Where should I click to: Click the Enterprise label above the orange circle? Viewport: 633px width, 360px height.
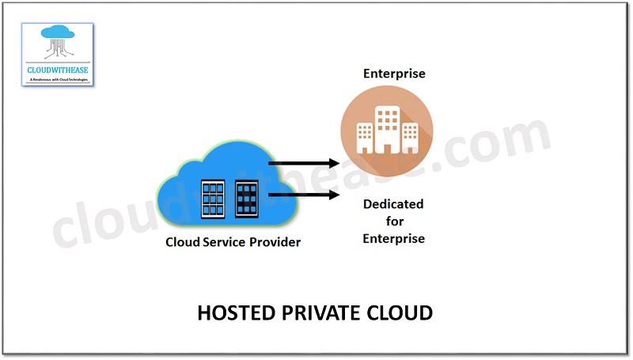click(394, 74)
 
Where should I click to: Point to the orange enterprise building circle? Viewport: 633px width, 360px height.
click(387, 127)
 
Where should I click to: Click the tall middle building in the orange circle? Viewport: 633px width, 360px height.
click(388, 128)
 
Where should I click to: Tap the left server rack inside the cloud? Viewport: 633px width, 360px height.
click(213, 199)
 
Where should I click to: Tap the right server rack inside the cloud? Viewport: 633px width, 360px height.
click(247, 199)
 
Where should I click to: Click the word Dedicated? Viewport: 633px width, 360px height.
click(393, 205)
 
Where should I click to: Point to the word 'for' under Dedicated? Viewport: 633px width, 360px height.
click(394, 222)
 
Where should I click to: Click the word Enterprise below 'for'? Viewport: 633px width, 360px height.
click(393, 238)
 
